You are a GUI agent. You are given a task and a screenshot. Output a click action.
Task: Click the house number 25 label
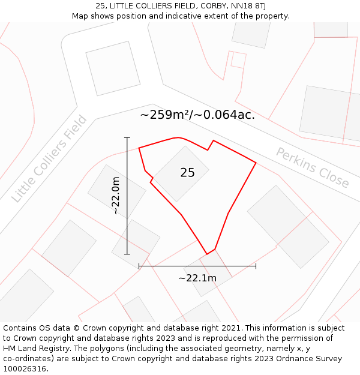point(187,173)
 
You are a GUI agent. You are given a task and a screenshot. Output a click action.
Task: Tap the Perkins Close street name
point(312,167)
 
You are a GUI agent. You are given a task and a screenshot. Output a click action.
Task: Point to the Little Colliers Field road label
point(49,158)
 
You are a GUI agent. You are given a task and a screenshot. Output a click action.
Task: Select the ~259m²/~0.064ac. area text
point(197,115)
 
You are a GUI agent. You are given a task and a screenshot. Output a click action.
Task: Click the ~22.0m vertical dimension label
point(116,196)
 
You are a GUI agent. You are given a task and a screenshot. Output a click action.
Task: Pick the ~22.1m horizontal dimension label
point(197,278)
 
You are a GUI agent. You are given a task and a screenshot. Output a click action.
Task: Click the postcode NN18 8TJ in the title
point(247,6)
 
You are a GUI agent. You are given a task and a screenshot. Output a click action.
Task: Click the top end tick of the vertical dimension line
point(127,138)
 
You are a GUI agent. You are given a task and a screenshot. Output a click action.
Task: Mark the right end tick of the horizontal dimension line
point(256,266)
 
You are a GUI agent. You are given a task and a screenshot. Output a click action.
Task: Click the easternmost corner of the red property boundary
point(256,163)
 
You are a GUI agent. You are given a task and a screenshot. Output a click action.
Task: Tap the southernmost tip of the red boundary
point(207,254)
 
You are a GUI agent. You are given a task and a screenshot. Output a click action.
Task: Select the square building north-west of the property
point(113,68)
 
